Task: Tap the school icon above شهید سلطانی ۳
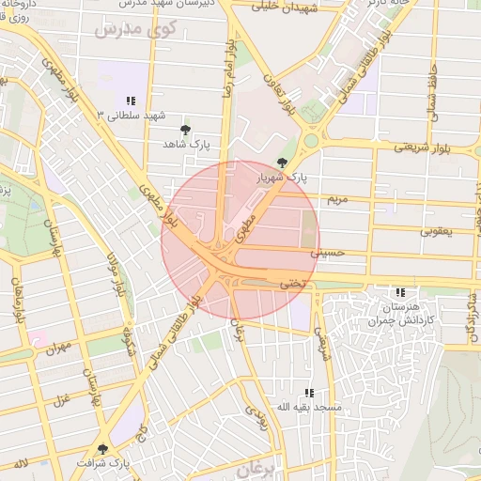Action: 131,101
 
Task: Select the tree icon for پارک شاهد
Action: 184,130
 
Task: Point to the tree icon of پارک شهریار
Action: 283,163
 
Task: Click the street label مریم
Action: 336,199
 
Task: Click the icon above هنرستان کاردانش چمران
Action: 400,293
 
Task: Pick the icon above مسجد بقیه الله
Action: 307,393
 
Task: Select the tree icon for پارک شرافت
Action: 102,450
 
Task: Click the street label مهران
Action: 57,349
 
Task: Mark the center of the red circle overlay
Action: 240,240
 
